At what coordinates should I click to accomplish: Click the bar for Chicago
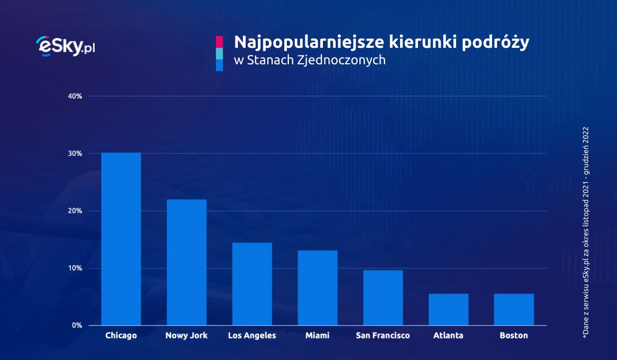[x=121, y=239]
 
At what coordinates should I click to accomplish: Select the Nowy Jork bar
[x=186, y=262]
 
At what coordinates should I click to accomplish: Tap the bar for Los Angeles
[x=252, y=284]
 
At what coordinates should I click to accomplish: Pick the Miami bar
[x=317, y=288]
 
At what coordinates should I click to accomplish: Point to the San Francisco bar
[x=383, y=298]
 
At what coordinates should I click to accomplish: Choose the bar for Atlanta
[x=448, y=310]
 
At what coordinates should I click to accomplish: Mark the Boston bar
[x=514, y=310]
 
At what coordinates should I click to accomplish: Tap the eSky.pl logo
[x=66, y=46]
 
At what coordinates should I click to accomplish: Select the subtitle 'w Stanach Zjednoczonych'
[x=310, y=60]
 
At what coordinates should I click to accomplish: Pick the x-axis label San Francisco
[x=383, y=336]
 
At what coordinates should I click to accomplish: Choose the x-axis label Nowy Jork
[x=186, y=336]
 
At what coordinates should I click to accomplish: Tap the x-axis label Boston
[x=514, y=336]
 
